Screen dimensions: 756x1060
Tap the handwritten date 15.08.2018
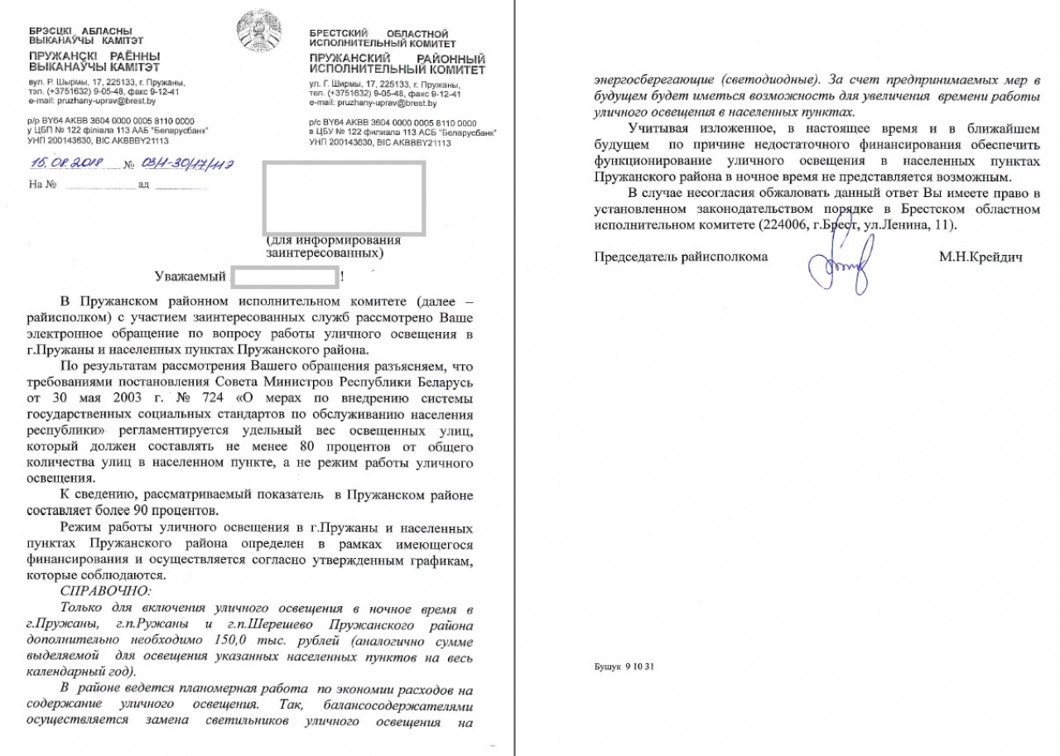point(65,163)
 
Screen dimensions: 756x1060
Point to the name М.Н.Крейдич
point(980,258)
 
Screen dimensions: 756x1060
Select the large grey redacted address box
point(344,197)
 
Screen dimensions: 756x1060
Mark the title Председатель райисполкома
point(681,258)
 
